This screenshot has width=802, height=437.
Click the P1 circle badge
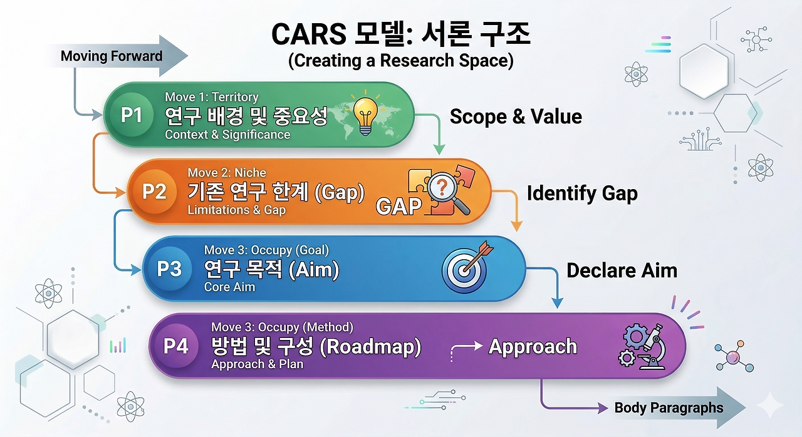click(x=131, y=115)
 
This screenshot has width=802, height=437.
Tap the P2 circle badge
click(x=154, y=191)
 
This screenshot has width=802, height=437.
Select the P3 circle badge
click(x=169, y=269)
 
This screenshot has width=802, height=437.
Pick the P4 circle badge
click(x=176, y=346)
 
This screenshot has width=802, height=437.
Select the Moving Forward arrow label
click(x=112, y=56)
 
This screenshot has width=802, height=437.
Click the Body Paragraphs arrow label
click(x=669, y=408)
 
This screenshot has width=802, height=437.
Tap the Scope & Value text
click(x=516, y=116)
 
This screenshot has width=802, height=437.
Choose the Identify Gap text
click(x=582, y=193)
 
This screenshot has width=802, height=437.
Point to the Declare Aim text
click(x=622, y=270)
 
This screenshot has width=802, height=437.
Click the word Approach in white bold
click(x=533, y=346)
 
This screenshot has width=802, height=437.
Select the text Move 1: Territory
click(x=212, y=97)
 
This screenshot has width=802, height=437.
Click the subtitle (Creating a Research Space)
click(x=400, y=61)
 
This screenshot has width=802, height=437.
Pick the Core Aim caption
click(x=230, y=287)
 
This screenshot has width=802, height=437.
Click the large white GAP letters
click(x=398, y=207)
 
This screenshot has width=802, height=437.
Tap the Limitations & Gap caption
click(x=237, y=210)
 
